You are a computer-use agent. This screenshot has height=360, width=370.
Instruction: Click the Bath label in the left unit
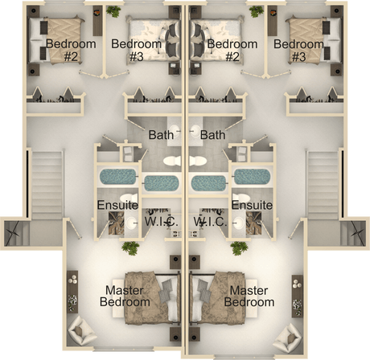[x=161, y=135]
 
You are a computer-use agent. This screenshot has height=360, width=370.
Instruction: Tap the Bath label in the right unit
[x=212, y=135]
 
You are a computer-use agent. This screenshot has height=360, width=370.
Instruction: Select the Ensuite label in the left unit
[x=117, y=205]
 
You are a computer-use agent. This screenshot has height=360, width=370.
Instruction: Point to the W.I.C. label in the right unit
[x=210, y=222]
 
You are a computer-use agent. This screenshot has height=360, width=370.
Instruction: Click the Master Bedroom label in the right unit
[x=249, y=297]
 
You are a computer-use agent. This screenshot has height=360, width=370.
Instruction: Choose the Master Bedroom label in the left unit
[x=125, y=297]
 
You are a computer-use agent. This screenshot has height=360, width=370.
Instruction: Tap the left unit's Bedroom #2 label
[x=71, y=50]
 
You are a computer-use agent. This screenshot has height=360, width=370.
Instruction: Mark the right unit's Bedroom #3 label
[x=298, y=50]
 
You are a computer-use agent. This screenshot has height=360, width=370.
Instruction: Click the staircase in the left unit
[x=47, y=186]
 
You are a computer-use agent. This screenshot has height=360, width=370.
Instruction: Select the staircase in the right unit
[x=323, y=186]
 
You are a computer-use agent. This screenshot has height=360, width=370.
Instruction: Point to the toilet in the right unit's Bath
[x=198, y=161]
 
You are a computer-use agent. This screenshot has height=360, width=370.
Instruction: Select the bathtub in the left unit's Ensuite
[x=118, y=177]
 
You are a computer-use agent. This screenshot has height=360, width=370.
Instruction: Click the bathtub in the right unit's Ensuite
[x=252, y=177]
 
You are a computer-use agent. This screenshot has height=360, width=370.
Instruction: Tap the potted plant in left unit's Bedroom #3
[x=113, y=11]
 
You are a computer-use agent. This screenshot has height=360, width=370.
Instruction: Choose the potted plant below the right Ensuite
[x=239, y=248]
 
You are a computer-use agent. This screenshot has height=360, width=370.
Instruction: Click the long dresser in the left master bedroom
[x=72, y=292]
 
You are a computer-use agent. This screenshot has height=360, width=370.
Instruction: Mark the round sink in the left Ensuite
[x=132, y=223]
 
